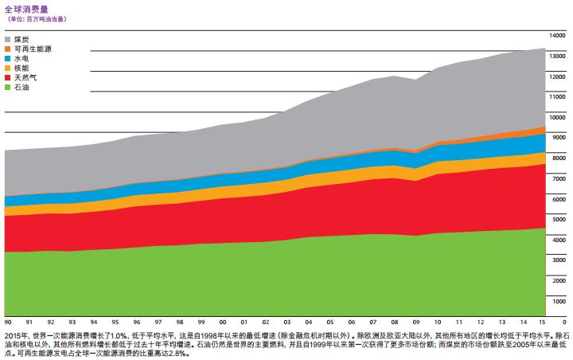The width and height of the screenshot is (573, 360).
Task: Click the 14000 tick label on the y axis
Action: tap(557, 36)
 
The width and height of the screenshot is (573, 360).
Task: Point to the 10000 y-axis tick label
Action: tap(557, 117)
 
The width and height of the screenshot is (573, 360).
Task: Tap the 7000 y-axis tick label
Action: tap(559, 178)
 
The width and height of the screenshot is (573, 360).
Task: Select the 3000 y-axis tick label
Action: tap(559, 260)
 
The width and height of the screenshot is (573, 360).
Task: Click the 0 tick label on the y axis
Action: tap(563, 321)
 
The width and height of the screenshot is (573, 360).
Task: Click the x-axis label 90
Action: tap(7, 321)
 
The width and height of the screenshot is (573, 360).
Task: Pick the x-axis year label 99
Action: tap(201, 321)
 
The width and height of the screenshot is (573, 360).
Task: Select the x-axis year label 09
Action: tap(416, 321)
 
